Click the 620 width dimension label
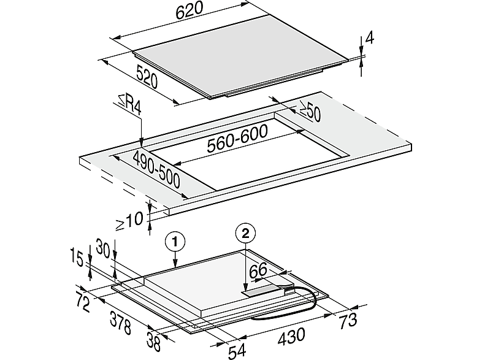pos(189,10)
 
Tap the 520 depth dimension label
pos(147,78)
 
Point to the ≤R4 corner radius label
pos(129,104)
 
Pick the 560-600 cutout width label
pos(237,139)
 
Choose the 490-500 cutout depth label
pos(156,170)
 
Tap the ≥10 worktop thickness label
pos(129,221)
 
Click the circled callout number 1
pos(175,242)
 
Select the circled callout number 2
pos(245,234)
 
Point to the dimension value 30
pos(103,248)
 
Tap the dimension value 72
pos(83,302)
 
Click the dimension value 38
pos(154,341)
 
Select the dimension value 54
pos(237,351)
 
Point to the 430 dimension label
pos(291,335)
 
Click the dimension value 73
pos(348,320)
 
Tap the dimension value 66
pos(258,270)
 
